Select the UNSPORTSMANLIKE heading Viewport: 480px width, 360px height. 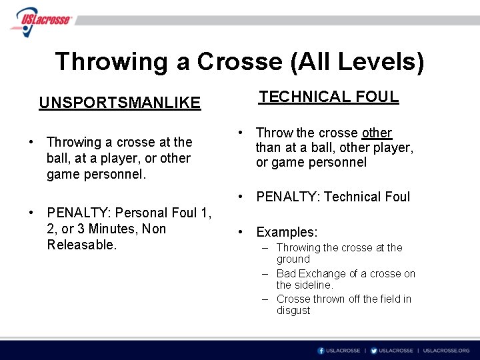(x=119, y=103)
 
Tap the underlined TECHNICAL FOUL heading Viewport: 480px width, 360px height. (x=329, y=97)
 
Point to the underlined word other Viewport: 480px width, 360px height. (x=377, y=133)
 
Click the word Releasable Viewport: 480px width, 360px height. (x=81, y=245)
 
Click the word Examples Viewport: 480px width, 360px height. (x=287, y=232)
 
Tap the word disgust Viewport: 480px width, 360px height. (x=293, y=310)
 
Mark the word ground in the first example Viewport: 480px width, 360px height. (x=293, y=259)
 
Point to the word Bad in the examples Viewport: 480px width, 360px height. (x=285, y=273)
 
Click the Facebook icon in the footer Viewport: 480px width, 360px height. (x=321, y=351)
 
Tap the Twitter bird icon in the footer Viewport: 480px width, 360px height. (x=373, y=351)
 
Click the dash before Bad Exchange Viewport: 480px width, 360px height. (x=265, y=273)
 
